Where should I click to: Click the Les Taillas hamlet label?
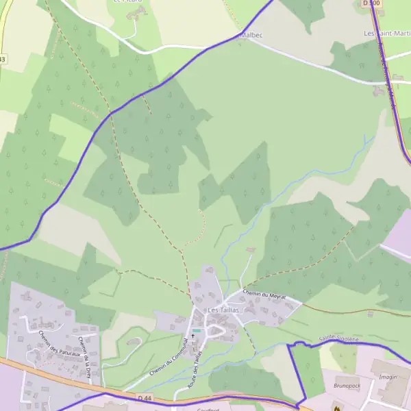click(223, 310)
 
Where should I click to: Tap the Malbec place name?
click(251, 35)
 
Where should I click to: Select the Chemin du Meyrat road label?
click(263, 294)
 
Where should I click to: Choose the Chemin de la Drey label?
click(86, 352)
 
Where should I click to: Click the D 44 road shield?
click(144, 397)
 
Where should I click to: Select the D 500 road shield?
click(371, 3)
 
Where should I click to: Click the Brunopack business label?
click(347, 386)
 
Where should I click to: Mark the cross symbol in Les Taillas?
click(192, 336)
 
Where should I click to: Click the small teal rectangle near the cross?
click(197, 331)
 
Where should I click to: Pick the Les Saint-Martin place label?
click(387, 34)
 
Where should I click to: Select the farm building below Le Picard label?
click(132, 14)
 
